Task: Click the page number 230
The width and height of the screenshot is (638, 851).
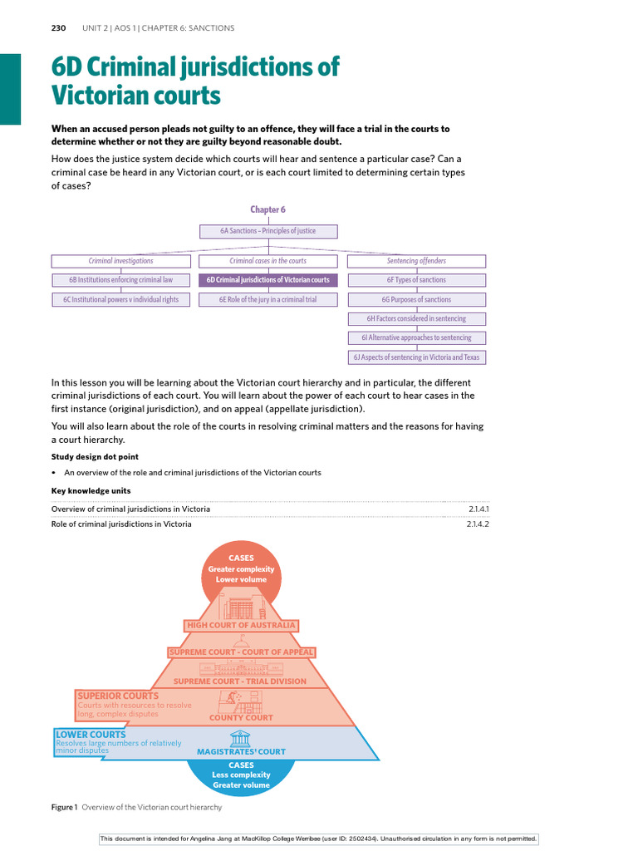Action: pos(58,28)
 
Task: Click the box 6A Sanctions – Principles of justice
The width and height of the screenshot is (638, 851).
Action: pos(267,230)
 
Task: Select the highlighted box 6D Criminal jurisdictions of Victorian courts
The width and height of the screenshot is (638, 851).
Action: pos(267,280)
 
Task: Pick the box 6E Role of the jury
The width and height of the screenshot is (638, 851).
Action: pos(267,299)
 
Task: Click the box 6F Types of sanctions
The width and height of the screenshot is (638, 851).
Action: pos(416,280)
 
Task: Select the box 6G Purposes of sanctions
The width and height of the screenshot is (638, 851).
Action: pos(416,299)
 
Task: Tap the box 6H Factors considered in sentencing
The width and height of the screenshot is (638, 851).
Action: pos(416,318)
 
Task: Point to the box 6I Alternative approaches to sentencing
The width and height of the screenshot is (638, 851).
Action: pos(416,337)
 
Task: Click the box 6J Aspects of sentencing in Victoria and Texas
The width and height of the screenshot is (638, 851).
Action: pos(416,357)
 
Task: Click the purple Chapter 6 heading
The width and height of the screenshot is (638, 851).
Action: pos(267,210)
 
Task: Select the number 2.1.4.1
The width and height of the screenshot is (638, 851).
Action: pos(478,509)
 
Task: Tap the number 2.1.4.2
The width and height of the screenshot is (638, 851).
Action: pos(478,524)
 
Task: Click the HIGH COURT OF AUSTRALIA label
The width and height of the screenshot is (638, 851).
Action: pos(241,625)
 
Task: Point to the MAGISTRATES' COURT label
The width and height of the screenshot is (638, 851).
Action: pos(241,751)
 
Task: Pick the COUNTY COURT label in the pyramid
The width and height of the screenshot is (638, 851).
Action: pos(241,717)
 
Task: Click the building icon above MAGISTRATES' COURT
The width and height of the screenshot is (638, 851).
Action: pos(241,737)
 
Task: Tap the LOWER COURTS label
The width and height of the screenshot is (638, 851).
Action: pos(91,734)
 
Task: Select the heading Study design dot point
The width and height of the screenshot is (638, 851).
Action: pos(95,456)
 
